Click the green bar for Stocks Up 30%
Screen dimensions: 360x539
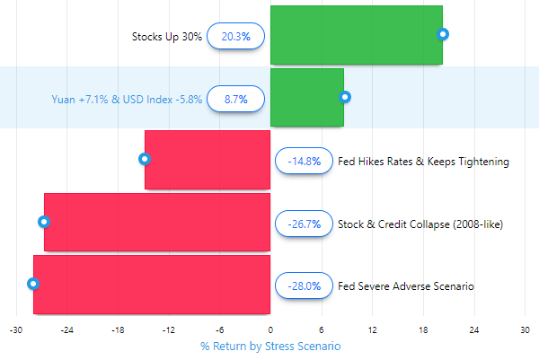pyautogui.click(x=356, y=35)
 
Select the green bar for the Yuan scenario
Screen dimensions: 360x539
pyautogui.click(x=306, y=98)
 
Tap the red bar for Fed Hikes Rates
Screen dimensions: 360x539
pyautogui.click(x=208, y=160)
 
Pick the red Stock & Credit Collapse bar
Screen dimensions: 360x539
pyautogui.click(x=157, y=223)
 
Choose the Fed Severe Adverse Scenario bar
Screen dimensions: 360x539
pyautogui.click(x=152, y=285)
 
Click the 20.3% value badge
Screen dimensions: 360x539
pyautogui.click(x=235, y=36)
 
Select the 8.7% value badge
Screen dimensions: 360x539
pyautogui.click(x=235, y=98)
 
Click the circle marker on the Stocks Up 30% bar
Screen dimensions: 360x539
pyautogui.click(x=442, y=34)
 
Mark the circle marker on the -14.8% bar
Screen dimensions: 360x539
pyautogui.click(x=145, y=159)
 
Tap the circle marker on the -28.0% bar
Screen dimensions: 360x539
pyautogui.click(x=33, y=284)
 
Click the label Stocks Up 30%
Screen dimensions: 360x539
pyautogui.click(x=166, y=37)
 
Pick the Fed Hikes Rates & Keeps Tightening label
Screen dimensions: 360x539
pyautogui.click(x=423, y=162)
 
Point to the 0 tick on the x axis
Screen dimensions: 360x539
pyautogui.click(x=270, y=329)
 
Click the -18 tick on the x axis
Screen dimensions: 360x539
pyautogui.click(x=117, y=329)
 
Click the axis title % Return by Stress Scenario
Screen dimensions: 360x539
pyautogui.click(x=270, y=346)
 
